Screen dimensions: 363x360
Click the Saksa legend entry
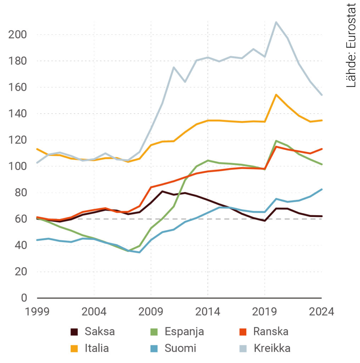[x=100, y=332]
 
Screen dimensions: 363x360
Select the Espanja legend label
[x=184, y=332]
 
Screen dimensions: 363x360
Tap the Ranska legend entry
[x=271, y=332]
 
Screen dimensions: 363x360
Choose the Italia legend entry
[x=97, y=348]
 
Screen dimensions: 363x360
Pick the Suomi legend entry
[x=180, y=348]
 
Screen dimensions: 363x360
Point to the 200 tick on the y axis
[x=17, y=35]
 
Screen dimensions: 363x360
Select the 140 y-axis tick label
[x=17, y=114]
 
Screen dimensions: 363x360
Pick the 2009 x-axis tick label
[x=151, y=312]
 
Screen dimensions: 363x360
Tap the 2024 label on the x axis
[x=321, y=312]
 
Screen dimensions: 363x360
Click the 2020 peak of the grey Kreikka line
[x=276, y=22]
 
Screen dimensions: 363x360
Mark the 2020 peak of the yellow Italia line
[x=276, y=95]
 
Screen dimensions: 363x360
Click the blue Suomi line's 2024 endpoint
[x=322, y=189]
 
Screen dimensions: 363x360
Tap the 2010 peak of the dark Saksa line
[x=162, y=191]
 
